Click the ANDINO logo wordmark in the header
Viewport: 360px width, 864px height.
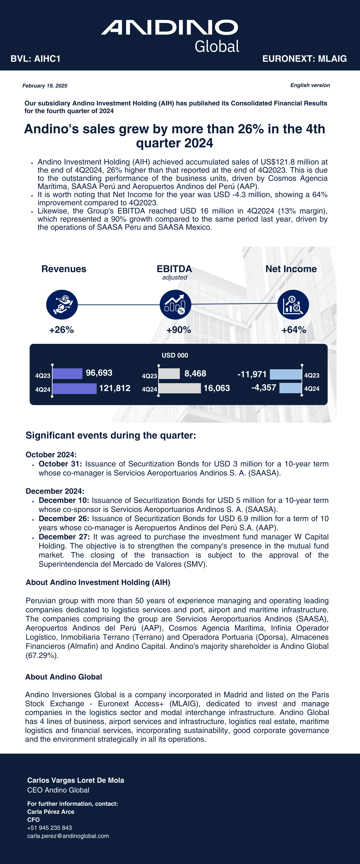(169, 28)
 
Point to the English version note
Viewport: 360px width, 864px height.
(310, 85)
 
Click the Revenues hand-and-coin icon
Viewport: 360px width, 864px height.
(62, 304)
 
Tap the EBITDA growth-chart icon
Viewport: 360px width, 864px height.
(175, 304)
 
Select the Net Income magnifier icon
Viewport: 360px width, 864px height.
(293, 304)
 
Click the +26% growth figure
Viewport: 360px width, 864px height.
(61, 330)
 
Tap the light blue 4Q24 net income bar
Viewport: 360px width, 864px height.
(291, 388)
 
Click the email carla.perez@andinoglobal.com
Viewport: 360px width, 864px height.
(68, 836)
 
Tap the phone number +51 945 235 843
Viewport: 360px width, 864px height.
(50, 828)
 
